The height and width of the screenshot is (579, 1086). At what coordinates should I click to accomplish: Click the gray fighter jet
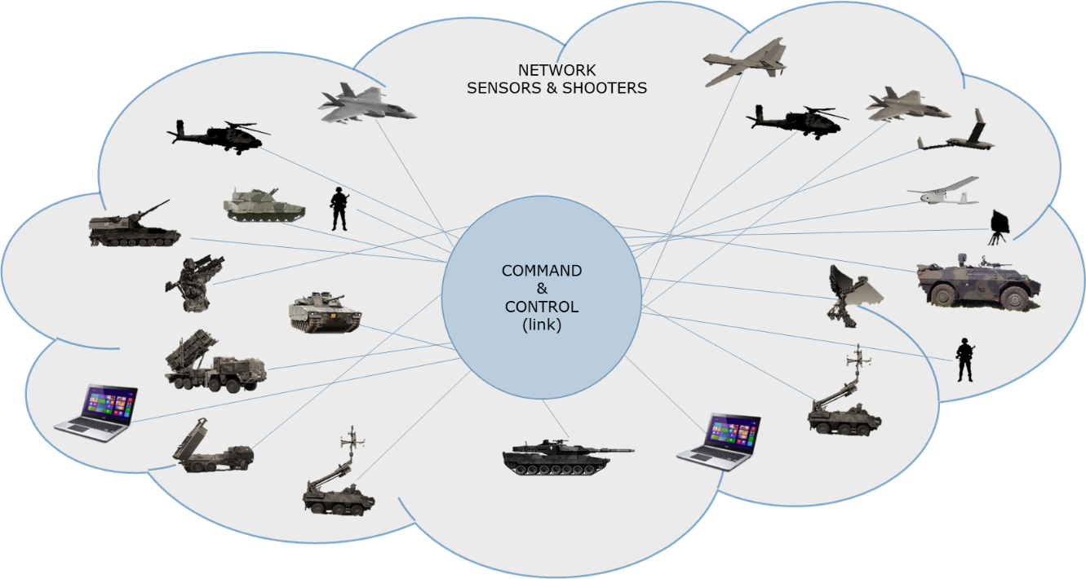pyautogui.click(x=366, y=104)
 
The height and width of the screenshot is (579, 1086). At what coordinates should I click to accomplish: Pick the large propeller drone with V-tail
pyautogui.click(x=745, y=62)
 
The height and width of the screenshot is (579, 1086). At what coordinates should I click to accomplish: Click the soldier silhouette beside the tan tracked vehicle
pyautogui.click(x=339, y=209)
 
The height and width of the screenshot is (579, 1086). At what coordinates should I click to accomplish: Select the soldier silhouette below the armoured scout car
pyautogui.click(x=965, y=360)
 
